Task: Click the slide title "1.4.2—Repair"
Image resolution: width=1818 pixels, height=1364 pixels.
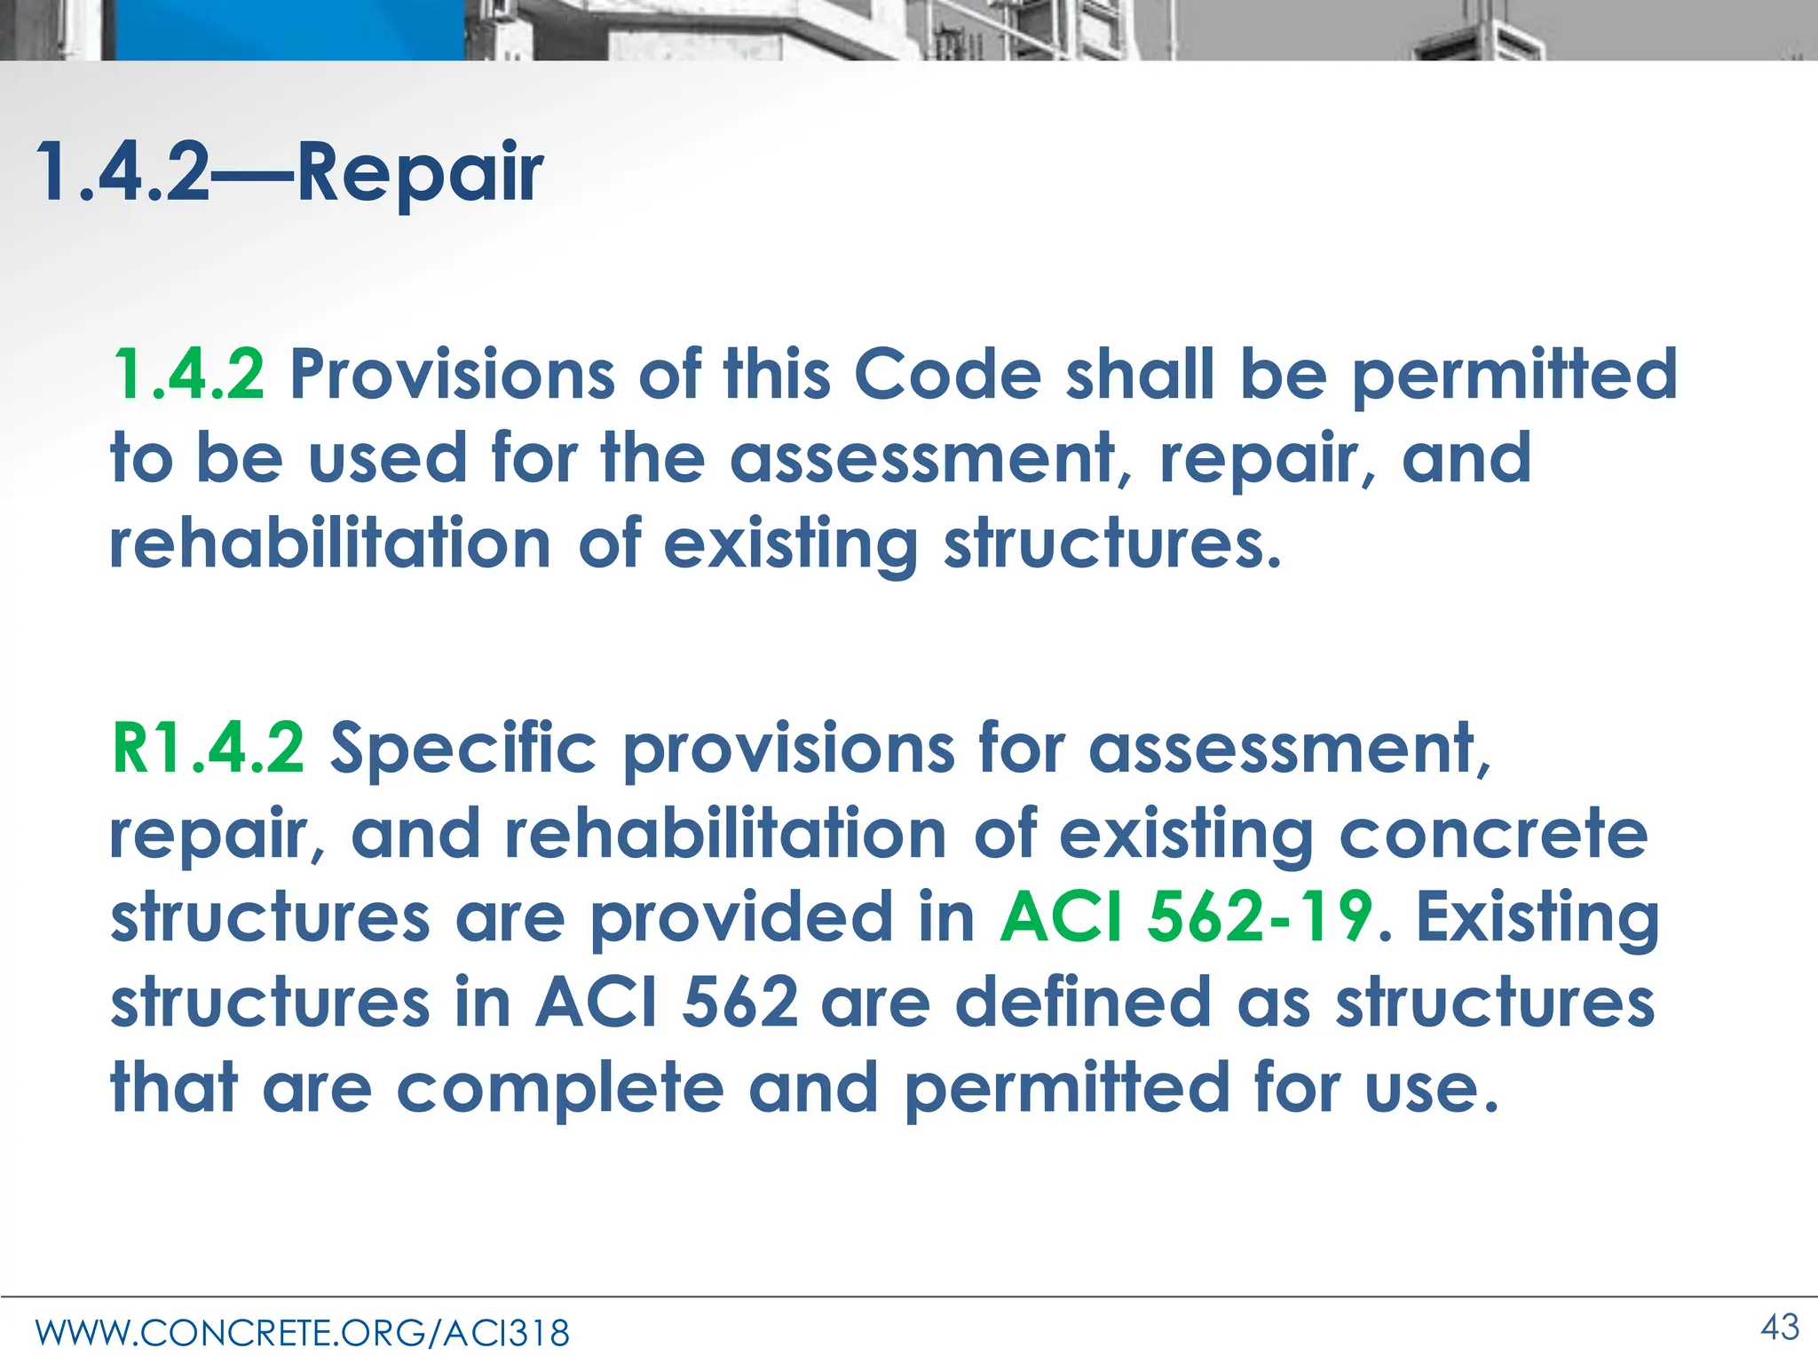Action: [289, 172]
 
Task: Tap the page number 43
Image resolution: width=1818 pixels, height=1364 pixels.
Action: [1780, 1328]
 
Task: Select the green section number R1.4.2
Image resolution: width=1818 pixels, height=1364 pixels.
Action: [208, 749]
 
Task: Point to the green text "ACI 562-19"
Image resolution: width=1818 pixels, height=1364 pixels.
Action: [1187, 916]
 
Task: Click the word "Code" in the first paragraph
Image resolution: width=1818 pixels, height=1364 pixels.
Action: [947, 374]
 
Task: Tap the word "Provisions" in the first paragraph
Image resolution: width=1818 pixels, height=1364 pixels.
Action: [453, 374]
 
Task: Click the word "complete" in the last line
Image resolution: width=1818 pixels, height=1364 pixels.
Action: [560, 1088]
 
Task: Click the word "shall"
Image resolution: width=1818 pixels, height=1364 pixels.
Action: [1140, 374]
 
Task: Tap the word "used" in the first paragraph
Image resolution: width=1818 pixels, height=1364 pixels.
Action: [387, 458]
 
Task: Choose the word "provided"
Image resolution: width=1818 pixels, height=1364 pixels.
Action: [742, 918]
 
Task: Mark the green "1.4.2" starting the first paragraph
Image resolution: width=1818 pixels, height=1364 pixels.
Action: [188, 374]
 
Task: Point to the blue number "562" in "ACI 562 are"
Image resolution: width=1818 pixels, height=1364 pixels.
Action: [740, 1002]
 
